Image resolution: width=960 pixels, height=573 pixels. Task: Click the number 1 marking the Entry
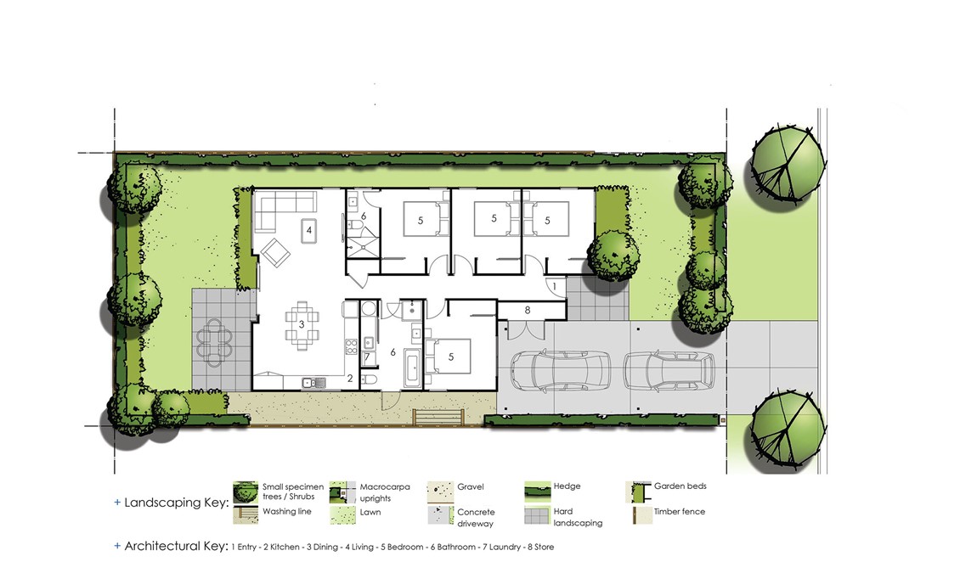coord(555,285)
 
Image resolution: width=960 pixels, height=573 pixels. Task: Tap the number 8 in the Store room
coord(528,310)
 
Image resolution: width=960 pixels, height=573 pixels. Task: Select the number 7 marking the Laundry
coord(367,357)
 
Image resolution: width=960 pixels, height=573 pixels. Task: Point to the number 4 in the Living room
coord(309,231)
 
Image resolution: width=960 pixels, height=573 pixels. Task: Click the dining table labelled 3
coord(302,325)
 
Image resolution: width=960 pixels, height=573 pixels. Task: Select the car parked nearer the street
coord(669,370)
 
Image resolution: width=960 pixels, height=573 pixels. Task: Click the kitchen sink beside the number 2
coord(314,383)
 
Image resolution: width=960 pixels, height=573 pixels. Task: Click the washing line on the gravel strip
coord(438,417)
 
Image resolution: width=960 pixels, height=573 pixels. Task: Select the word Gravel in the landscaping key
coord(470,486)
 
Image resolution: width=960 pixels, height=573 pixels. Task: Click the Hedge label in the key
coord(567,486)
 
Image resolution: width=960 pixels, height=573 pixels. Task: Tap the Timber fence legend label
coord(680,511)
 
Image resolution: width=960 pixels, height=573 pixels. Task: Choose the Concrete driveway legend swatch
coord(440,515)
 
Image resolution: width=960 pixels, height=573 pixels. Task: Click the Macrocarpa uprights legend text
coord(385,493)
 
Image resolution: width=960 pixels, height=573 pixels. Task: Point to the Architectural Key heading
coord(177,546)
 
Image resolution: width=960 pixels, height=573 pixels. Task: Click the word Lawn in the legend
coord(370,513)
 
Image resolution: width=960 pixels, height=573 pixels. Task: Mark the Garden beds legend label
coord(680,486)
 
